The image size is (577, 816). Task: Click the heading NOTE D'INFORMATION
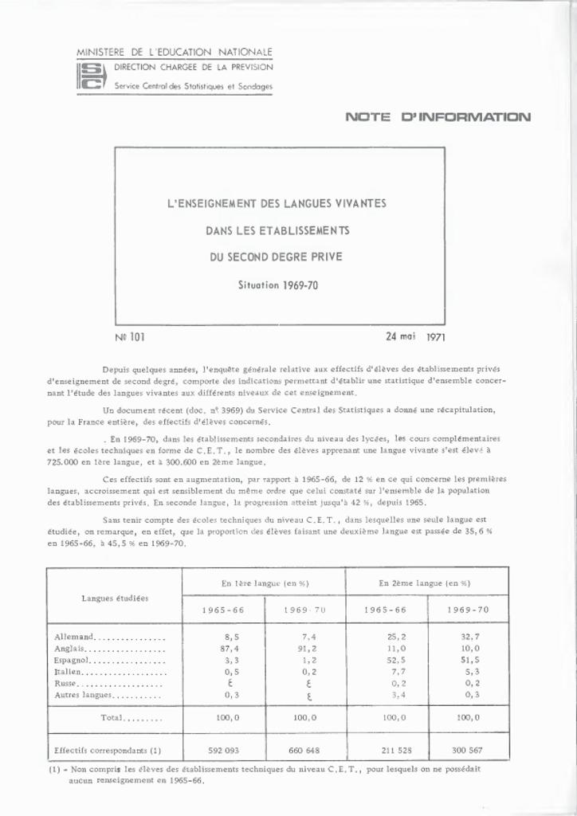point(438,117)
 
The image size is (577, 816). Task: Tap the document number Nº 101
point(130,337)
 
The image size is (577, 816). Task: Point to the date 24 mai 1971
point(415,336)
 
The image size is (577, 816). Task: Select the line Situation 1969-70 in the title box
point(279,284)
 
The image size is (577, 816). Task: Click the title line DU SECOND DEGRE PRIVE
point(276,257)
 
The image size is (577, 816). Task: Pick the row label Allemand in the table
point(75,637)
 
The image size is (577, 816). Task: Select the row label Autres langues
point(83,695)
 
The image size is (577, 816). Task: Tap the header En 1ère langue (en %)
point(265,583)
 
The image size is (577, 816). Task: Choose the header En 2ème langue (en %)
point(425,583)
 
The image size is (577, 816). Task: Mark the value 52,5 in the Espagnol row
point(386,661)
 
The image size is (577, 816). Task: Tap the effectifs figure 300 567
point(469,751)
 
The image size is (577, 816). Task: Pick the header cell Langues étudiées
point(115,598)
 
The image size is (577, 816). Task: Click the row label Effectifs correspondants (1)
point(108,751)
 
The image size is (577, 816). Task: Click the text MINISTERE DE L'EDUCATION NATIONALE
point(175,52)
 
